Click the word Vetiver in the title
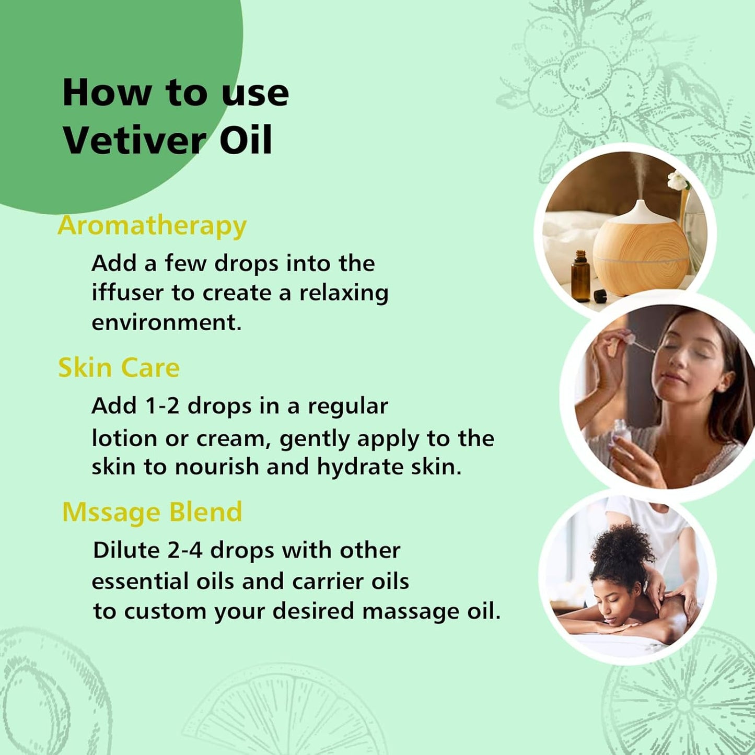[x=134, y=140]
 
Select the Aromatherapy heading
[x=152, y=226]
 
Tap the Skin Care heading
[x=119, y=367]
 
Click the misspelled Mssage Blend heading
[x=152, y=512]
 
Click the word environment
[x=166, y=322]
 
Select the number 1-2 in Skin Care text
[x=162, y=406]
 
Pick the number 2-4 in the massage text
[x=184, y=550]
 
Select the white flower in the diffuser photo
[x=678, y=181]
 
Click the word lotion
[x=124, y=438]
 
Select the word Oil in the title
[x=246, y=140]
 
